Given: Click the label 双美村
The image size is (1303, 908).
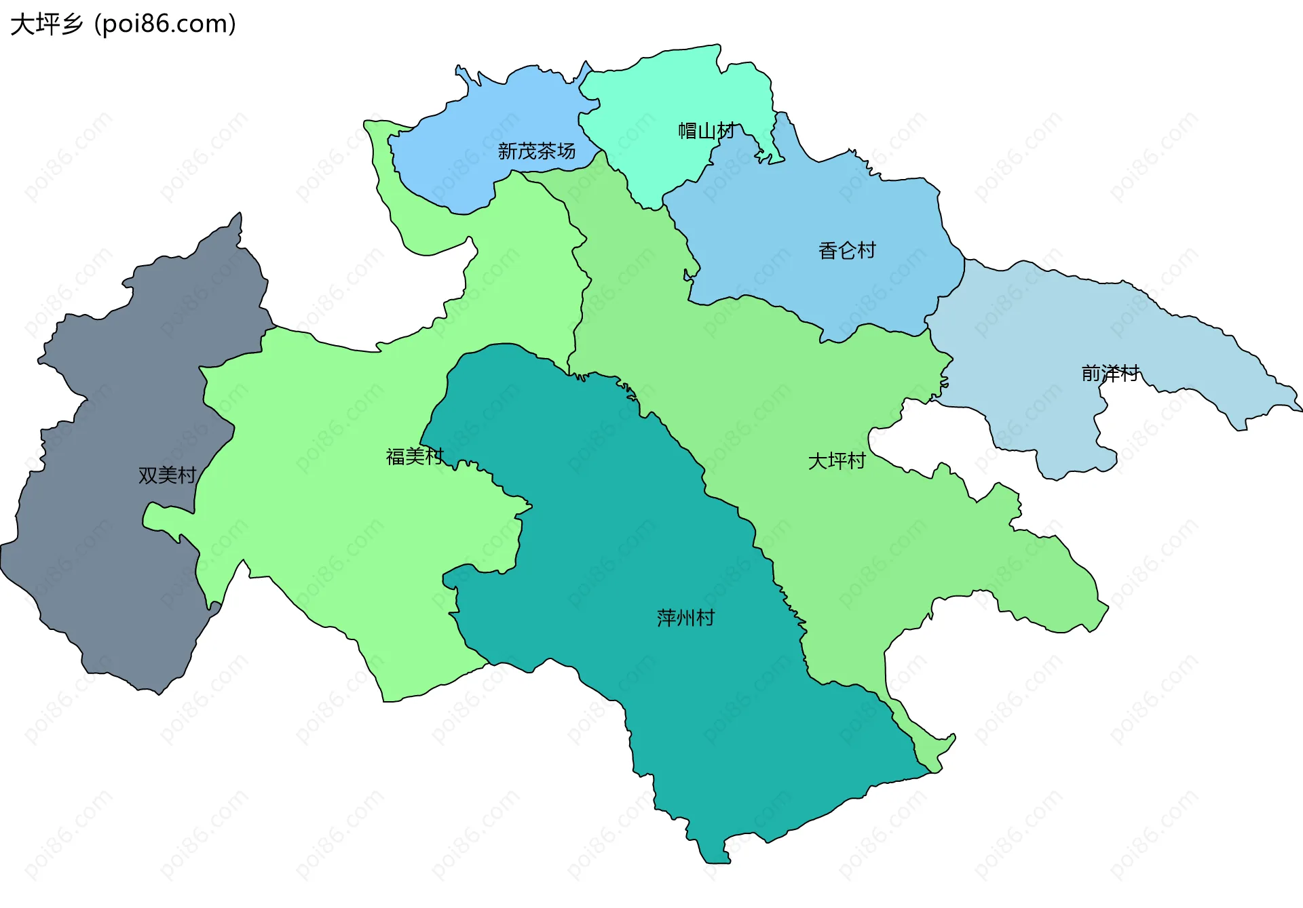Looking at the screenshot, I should (167, 475).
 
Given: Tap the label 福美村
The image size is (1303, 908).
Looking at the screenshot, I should (415, 456).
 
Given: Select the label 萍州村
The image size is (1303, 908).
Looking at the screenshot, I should (685, 618).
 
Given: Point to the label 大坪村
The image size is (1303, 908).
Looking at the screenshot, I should (837, 461).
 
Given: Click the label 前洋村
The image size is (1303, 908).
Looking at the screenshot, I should (1110, 373).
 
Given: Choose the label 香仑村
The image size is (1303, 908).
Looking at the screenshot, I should (847, 250).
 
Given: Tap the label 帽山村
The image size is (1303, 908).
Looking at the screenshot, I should (706, 131).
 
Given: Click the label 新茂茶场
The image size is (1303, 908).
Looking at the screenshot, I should (536, 151).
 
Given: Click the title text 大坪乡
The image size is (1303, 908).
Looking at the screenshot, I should (46, 24).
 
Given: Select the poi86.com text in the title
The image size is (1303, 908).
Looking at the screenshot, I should (165, 24).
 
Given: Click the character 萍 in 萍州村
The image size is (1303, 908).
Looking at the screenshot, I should (666, 618).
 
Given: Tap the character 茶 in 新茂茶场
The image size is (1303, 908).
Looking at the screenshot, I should (546, 151).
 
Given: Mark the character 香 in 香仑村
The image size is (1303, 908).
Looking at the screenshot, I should (828, 250).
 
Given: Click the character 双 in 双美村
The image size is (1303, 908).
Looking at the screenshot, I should (147, 475).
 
